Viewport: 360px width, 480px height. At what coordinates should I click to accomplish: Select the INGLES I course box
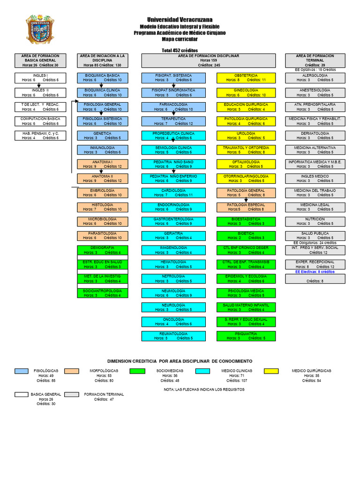40,77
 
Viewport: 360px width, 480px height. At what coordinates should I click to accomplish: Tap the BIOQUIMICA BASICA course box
102,77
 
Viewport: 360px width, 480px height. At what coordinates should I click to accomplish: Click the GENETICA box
102,135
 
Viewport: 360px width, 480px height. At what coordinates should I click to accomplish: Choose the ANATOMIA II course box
102,179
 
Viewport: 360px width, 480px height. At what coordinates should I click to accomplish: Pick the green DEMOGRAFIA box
102,250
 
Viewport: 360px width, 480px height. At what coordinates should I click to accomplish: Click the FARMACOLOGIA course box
173,107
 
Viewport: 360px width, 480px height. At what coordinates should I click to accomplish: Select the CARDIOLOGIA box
173,193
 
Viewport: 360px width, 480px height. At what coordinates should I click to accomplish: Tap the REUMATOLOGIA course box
173,336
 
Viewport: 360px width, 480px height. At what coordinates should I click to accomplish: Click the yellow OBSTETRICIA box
246,77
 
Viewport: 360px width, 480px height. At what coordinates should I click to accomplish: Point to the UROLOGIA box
246,135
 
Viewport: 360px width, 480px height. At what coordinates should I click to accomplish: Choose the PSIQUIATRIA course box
246,336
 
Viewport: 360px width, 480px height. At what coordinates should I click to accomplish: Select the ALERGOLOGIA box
315,77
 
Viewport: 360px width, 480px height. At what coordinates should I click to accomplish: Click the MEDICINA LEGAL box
315,207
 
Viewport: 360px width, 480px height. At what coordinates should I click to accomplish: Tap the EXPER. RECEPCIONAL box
315,264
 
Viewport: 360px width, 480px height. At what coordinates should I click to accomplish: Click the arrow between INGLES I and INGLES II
40,85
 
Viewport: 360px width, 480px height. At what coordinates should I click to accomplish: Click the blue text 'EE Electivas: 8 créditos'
315,271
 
